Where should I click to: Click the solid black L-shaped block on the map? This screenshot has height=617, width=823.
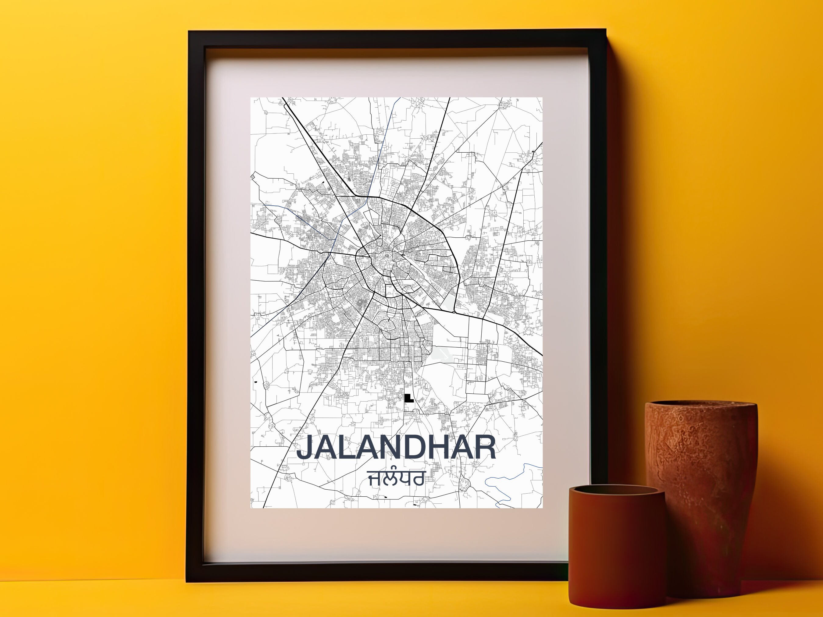408,398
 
